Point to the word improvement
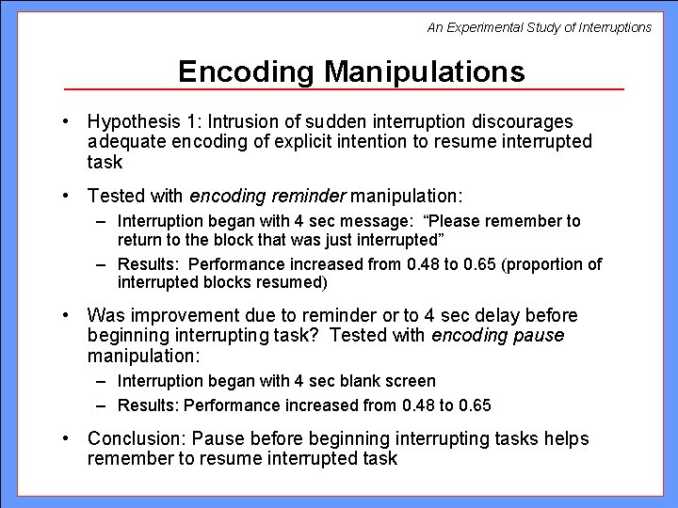coord(176,315)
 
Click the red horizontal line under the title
coord(344,89)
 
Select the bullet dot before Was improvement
coord(71,315)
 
